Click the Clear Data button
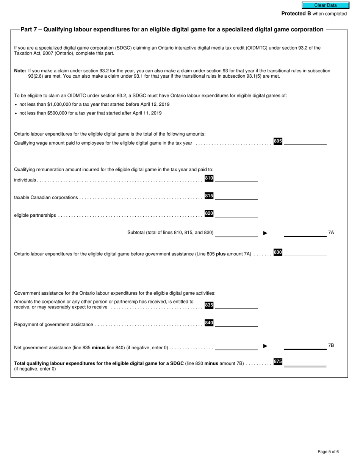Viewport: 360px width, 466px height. coord(325,5)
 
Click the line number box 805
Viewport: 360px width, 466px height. coord(278,141)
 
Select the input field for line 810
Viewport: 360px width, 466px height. coord(236,178)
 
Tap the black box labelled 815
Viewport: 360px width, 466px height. coord(209,196)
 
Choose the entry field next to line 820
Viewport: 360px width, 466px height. coord(236,214)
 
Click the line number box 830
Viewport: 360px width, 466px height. coord(278,252)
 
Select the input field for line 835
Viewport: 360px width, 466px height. coord(236,305)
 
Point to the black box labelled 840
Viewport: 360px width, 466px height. coord(209,323)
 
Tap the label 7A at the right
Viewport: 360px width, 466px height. coord(331,233)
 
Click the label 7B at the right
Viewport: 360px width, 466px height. coord(331,346)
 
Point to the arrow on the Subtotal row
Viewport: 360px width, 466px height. coord(265,233)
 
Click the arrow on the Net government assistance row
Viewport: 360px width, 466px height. coord(265,346)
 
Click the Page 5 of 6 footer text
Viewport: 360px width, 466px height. coord(328,452)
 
